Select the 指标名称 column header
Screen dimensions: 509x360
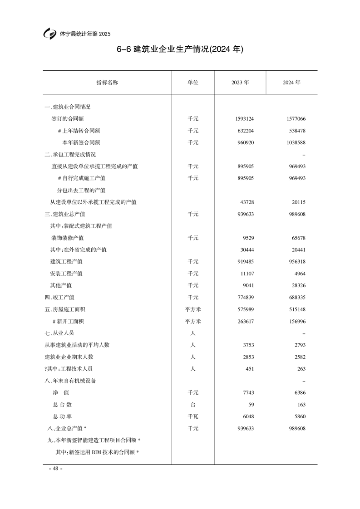click(107, 83)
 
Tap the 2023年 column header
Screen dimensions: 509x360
click(240, 83)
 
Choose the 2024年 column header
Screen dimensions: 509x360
click(291, 83)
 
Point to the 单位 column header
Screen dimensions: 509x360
click(193, 83)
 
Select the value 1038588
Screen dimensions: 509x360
click(293, 142)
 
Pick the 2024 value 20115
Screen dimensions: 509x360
click(297, 202)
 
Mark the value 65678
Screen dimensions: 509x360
click(297, 238)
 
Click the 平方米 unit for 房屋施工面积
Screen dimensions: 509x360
click(193, 309)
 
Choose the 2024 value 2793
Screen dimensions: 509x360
click(298, 345)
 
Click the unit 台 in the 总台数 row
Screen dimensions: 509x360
click(193, 404)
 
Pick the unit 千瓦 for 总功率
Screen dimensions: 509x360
click(193, 416)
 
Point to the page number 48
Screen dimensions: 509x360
click(55, 469)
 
